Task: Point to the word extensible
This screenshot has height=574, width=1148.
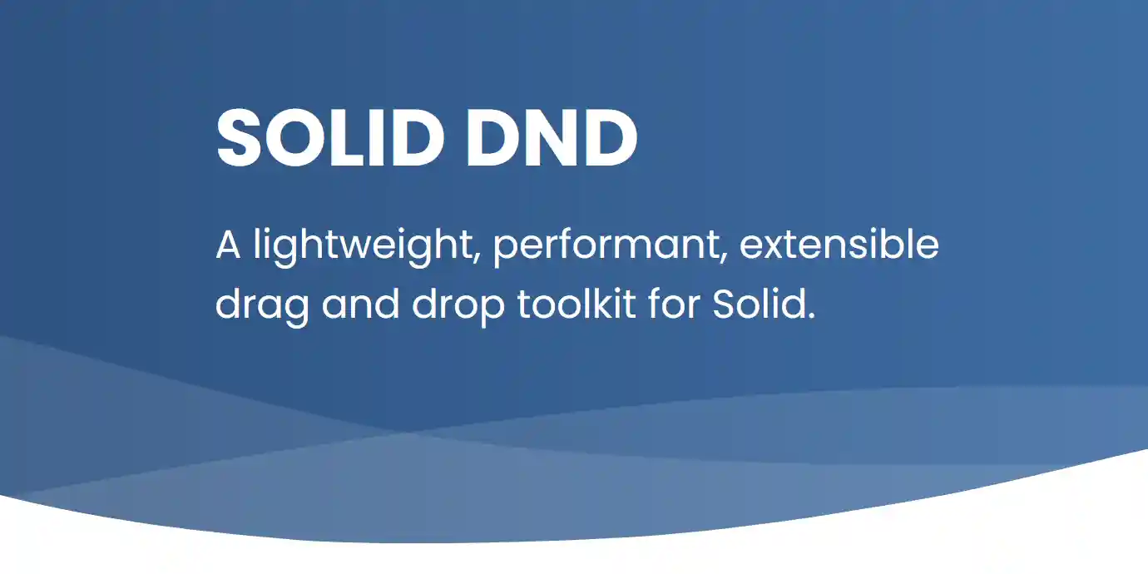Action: click(x=839, y=245)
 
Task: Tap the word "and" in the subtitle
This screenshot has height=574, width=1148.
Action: click(x=362, y=304)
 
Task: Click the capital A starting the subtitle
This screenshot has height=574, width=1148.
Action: click(x=228, y=246)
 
